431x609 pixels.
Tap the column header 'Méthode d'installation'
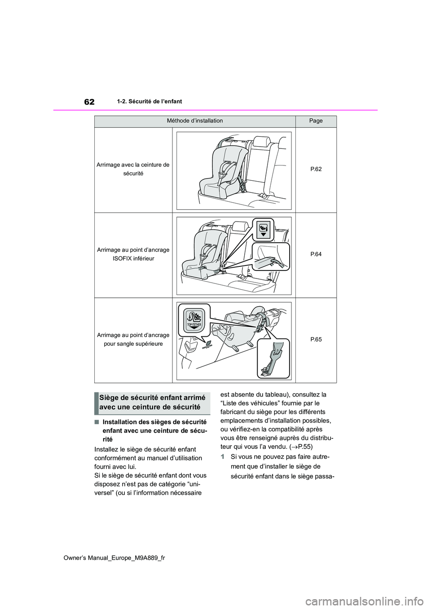(195, 121)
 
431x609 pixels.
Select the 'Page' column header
(316, 121)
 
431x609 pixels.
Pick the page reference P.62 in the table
(316, 169)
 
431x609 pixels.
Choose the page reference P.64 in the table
(316, 254)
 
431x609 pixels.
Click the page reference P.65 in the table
(316, 339)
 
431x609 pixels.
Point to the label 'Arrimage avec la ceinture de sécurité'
(133, 169)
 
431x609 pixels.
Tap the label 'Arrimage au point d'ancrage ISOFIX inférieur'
(133, 254)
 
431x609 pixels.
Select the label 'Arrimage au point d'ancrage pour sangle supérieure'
(133, 339)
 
